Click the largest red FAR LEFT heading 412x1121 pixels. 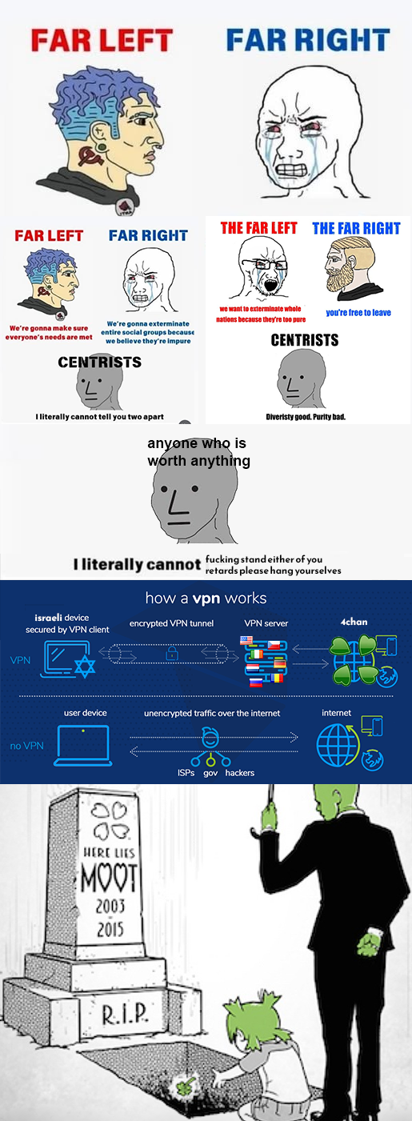tap(102, 41)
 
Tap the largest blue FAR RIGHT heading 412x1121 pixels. tap(307, 40)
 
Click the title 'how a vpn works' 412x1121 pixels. tap(206, 598)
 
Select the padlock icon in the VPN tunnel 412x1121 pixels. tap(172, 653)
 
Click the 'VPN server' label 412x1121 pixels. tap(266, 623)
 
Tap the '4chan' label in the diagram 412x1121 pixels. tap(354, 622)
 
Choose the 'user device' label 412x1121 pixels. tap(85, 713)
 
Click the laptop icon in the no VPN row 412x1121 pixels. tap(83, 745)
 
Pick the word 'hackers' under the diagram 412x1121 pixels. tap(240, 773)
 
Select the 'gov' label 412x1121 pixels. tap(210, 773)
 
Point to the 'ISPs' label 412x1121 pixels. tap(186, 773)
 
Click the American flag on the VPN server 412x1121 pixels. tap(246, 639)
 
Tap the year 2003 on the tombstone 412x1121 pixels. tap(110, 906)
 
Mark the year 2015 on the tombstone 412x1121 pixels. tap(110, 929)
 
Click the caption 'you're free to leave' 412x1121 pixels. tap(358, 312)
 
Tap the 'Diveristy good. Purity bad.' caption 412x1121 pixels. tap(306, 416)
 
